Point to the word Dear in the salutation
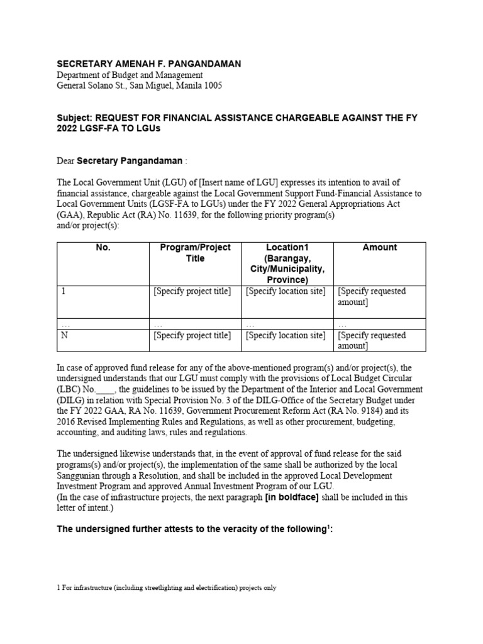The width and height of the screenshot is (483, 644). point(65,161)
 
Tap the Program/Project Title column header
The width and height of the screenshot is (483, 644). point(195,253)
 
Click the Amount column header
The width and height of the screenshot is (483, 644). point(379,248)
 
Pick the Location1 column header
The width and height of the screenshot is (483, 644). point(287,248)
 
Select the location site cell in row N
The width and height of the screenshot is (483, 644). point(286,335)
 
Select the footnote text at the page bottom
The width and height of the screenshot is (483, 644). point(167,589)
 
